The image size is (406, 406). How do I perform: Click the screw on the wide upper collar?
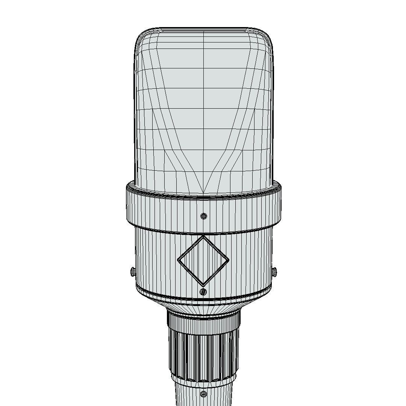pos(204,216)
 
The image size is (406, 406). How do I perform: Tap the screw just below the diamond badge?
pos(203,292)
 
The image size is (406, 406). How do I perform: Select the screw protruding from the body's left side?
pos(133,271)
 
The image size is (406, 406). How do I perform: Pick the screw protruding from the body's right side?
pos(274,270)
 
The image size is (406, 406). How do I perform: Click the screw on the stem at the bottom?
pos(203,394)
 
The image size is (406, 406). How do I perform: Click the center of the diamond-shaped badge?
pos(203,260)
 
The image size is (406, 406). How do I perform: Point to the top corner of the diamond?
pos(203,236)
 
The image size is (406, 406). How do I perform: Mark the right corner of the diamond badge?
pos(228,260)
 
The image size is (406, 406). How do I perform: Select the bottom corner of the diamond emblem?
pos(203,285)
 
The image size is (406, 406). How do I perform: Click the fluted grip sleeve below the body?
pos(203,355)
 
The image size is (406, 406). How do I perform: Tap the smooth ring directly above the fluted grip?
pos(203,323)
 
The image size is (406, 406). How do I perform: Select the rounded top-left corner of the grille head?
pos(141,36)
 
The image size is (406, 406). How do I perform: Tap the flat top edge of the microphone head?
pos(203,29)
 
